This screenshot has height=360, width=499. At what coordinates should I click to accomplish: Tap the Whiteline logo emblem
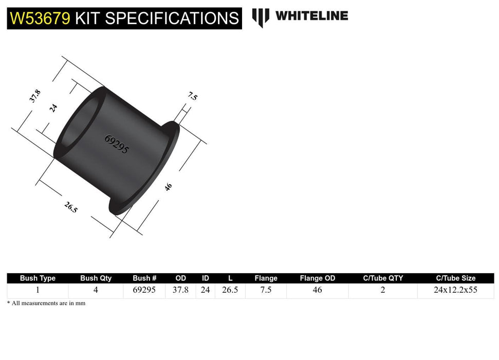pyautogui.click(x=261, y=17)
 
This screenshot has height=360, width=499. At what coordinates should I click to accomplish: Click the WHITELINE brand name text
pyautogui.click(x=311, y=16)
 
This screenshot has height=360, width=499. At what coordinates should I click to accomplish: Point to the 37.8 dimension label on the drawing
pyautogui.click(x=35, y=96)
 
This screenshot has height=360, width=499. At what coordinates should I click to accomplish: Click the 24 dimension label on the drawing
pyautogui.click(x=53, y=108)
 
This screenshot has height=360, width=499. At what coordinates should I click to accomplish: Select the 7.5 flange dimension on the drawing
pyautogui.click(x=192, y=96)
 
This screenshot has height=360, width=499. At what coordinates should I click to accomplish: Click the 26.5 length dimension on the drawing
pyautogui.click(x=71, y=208)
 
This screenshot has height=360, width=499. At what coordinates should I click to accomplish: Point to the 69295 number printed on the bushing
pyautogui.click(x=117, y=145)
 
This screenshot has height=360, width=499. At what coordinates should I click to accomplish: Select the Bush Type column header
pyautogui.click(x=38, y=278)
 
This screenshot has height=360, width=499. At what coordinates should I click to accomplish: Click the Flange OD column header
pyautogui.click(x=317, y=278)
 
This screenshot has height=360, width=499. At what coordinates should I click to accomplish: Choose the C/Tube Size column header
pyautogui.click(x=455, y=278)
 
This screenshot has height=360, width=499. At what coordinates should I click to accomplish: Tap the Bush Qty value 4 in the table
pyautogui.click(x=96, y=290)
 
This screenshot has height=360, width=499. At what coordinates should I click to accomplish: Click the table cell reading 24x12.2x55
pyautogui.click(x=455, y=290)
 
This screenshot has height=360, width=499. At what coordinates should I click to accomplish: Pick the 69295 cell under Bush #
pyautogui.click(x=144, y=290)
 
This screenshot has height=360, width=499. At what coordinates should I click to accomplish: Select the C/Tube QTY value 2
pyautogui.click(x=383, y=290)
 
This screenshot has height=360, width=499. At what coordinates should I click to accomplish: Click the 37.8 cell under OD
pyautogui.click(x=180, y=290)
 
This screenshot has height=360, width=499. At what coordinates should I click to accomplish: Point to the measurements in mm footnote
pyautogui.click(x=46, y=303)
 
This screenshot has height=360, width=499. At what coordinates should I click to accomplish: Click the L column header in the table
pyautogui.click(x=230, y=278)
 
